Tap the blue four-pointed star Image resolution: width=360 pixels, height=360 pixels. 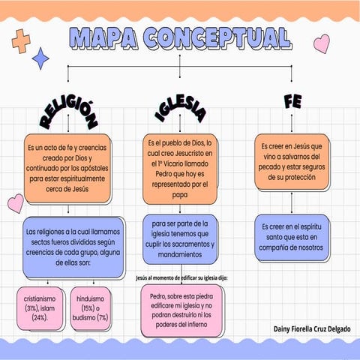tap(42, 58)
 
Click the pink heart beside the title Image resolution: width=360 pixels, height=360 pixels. tap(321, 43)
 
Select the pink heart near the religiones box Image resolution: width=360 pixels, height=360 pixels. tap(15, 203)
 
